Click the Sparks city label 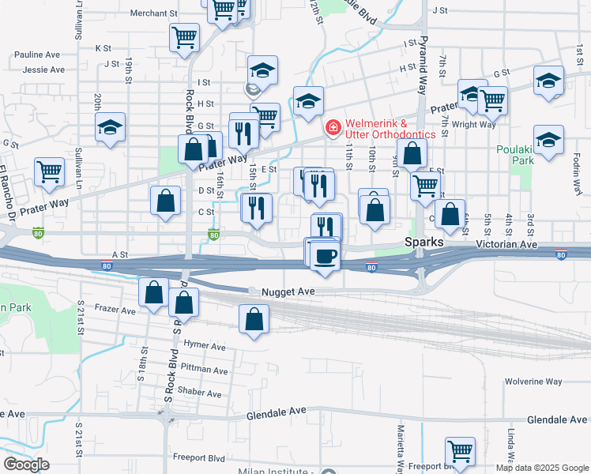[x=424, y=242]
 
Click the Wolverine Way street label [x=534, y=382]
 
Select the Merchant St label [x=153, y=13]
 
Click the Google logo [x=26, y=464]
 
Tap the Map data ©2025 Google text [x=542, y=468]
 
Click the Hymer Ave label [x=203, y=346]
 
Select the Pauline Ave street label [x=37, y=55]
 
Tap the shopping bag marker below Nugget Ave [x=254, y=320]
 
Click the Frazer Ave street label [x=115, y=309]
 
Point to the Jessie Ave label [x=44, y=70]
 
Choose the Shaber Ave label [x=199, y=393]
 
